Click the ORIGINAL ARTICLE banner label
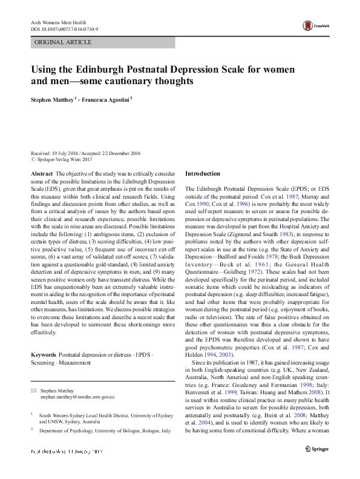tap(64, 42)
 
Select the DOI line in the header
tap(65, 28)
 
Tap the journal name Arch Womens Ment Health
tap(57, 22)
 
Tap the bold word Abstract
tap(42, 174)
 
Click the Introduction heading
tap(203, 174)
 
